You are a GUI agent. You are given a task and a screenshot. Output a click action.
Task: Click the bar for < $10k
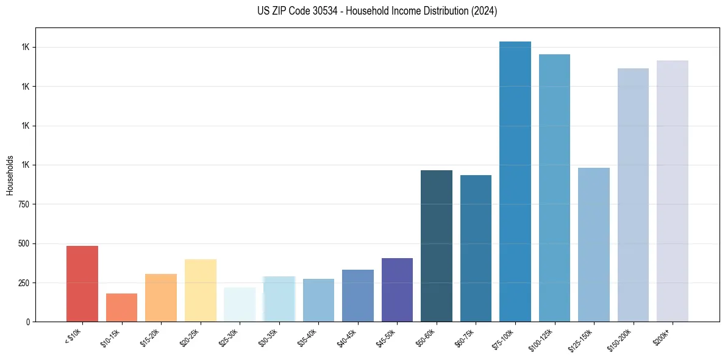point(82,284)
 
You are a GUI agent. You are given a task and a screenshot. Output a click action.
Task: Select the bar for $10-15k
point(121,308)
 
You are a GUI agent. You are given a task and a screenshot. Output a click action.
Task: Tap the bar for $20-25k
point(200,290)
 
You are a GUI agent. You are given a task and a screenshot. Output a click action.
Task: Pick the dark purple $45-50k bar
point(397,290)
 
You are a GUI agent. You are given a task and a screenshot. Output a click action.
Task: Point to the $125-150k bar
point(594,245)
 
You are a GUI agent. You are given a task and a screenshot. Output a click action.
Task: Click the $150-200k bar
point(633,195)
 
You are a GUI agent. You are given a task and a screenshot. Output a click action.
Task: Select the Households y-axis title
point(10,175)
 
